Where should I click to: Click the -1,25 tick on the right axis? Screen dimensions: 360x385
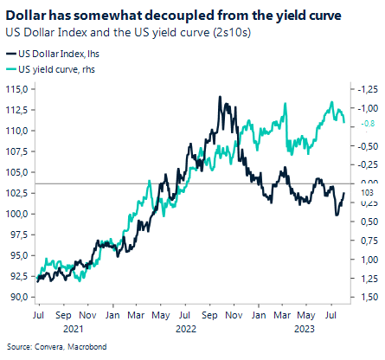[x=367, y=88]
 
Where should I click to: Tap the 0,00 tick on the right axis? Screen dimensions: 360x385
[x=368, y=183]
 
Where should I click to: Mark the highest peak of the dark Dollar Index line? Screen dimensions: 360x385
[x=222, y=98]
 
